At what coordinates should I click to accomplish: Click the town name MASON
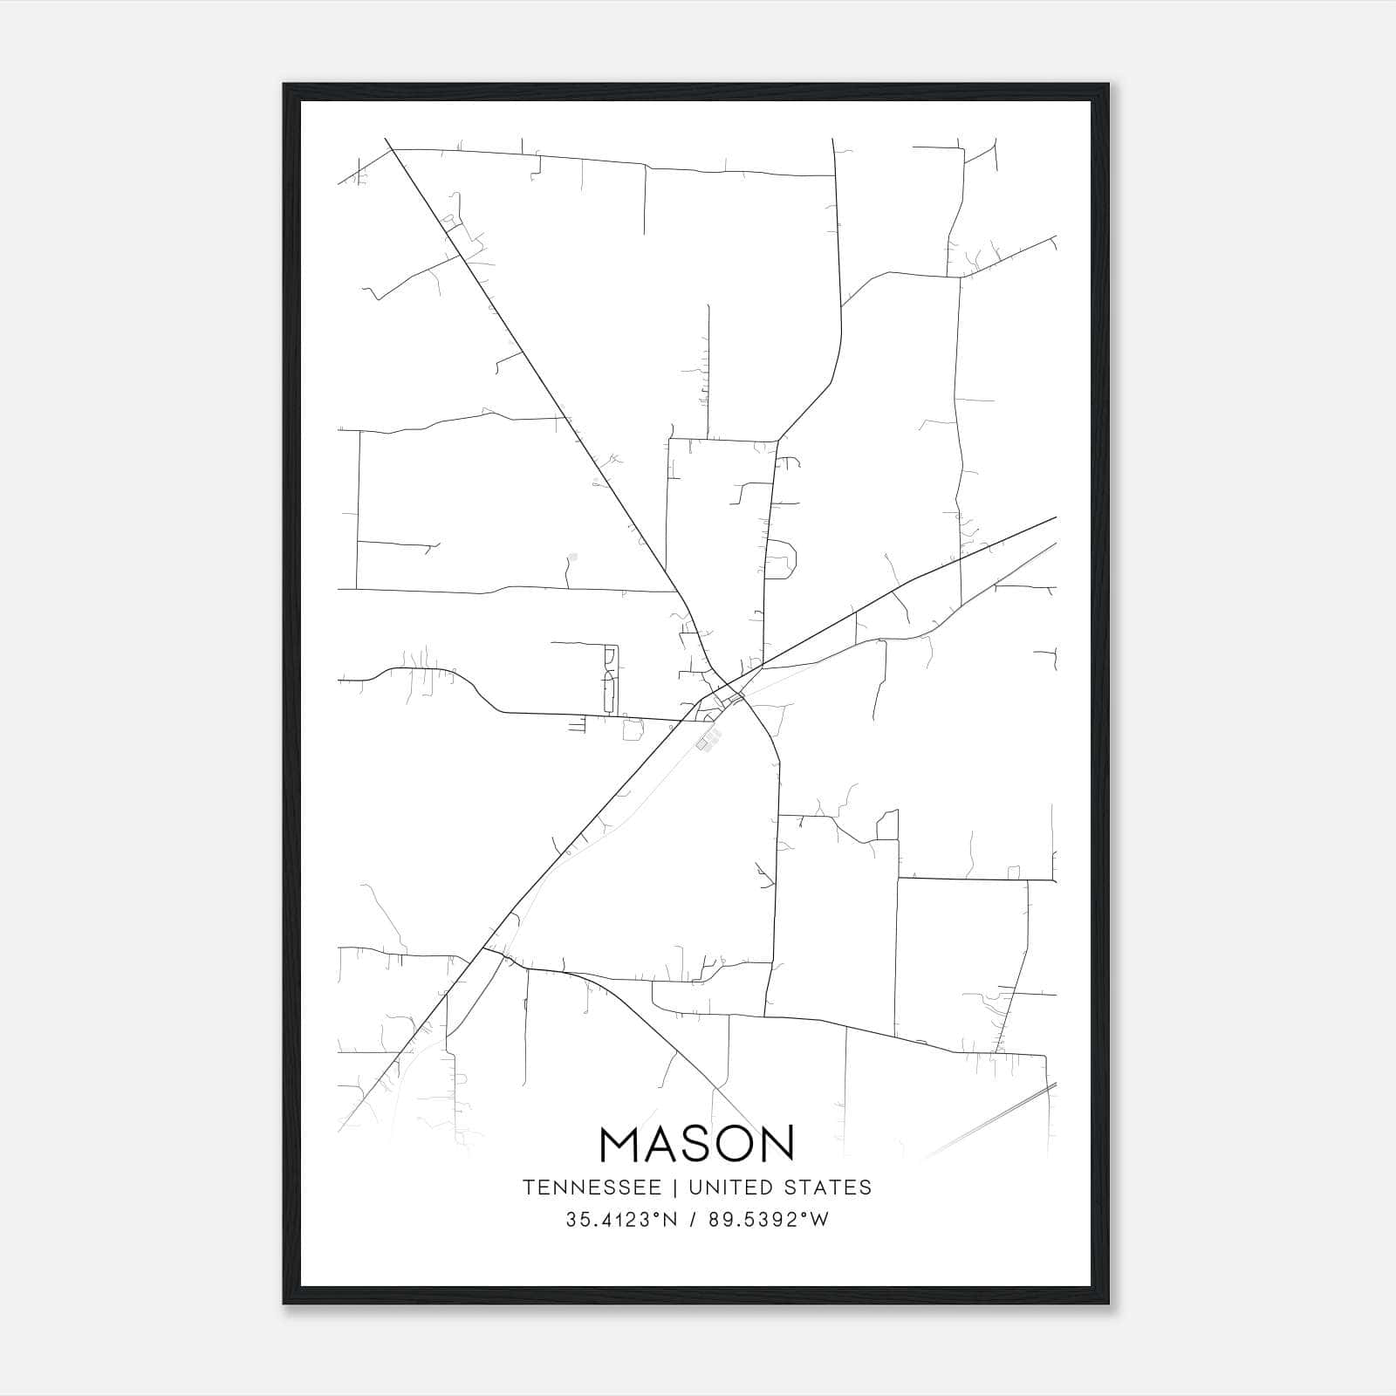[697, 1143]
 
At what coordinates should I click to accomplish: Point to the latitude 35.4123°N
[621, 1220]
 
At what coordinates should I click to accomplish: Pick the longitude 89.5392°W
[767, 1220]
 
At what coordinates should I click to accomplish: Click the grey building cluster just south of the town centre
[708, 741]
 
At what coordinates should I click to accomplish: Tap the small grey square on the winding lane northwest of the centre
[573, 556]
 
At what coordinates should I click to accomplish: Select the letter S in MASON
[695, 1143]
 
